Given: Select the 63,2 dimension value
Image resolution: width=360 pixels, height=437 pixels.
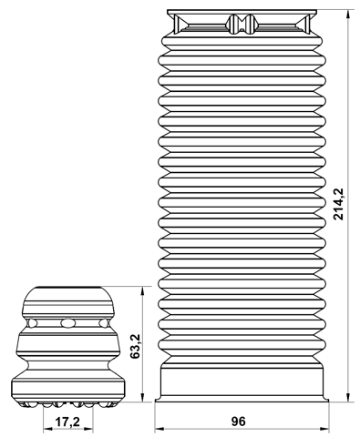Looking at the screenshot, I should (x=135, y=346).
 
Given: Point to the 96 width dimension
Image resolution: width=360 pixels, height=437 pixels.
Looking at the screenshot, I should (x=240, y=422).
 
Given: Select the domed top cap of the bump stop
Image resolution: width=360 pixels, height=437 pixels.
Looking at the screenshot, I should (x=67, y=300).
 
